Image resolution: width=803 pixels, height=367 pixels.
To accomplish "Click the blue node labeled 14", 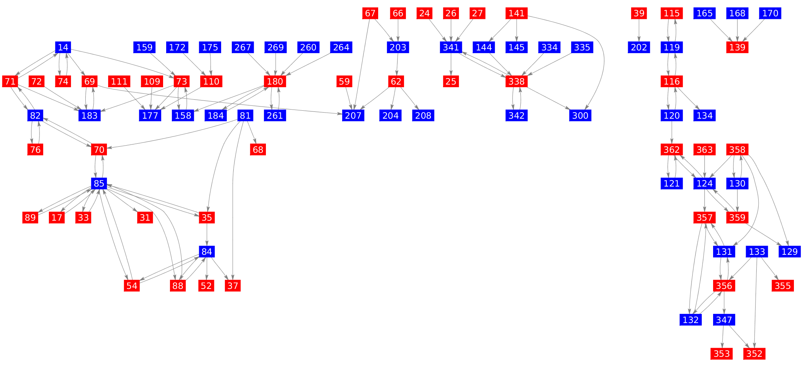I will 63,47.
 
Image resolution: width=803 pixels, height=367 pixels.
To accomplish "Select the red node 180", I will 275,82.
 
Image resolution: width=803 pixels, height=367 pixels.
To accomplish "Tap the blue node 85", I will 99,183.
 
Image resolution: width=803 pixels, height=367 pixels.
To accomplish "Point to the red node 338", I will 516,82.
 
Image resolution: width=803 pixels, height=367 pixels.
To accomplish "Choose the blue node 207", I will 353,116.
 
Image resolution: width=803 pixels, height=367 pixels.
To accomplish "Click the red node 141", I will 516,13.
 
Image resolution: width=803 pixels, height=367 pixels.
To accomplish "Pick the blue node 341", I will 451,47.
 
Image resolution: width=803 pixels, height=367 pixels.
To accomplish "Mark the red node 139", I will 737,47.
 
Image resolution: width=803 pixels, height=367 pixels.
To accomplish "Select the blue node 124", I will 704,183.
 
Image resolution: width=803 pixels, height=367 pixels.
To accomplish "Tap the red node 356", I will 724,286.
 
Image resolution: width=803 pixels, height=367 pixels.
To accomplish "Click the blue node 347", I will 724,320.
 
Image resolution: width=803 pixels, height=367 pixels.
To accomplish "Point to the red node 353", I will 721,354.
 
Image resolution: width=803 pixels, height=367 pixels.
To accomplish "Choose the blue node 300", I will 580,116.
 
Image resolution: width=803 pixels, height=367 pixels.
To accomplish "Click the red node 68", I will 258,150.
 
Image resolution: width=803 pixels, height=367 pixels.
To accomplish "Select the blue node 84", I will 207,252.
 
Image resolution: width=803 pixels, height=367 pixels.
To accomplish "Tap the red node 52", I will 206,286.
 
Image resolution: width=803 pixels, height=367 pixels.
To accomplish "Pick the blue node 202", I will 639,47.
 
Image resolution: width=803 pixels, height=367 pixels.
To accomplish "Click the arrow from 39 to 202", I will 639,30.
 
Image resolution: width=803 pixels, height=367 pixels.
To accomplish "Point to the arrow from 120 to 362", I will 671,133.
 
